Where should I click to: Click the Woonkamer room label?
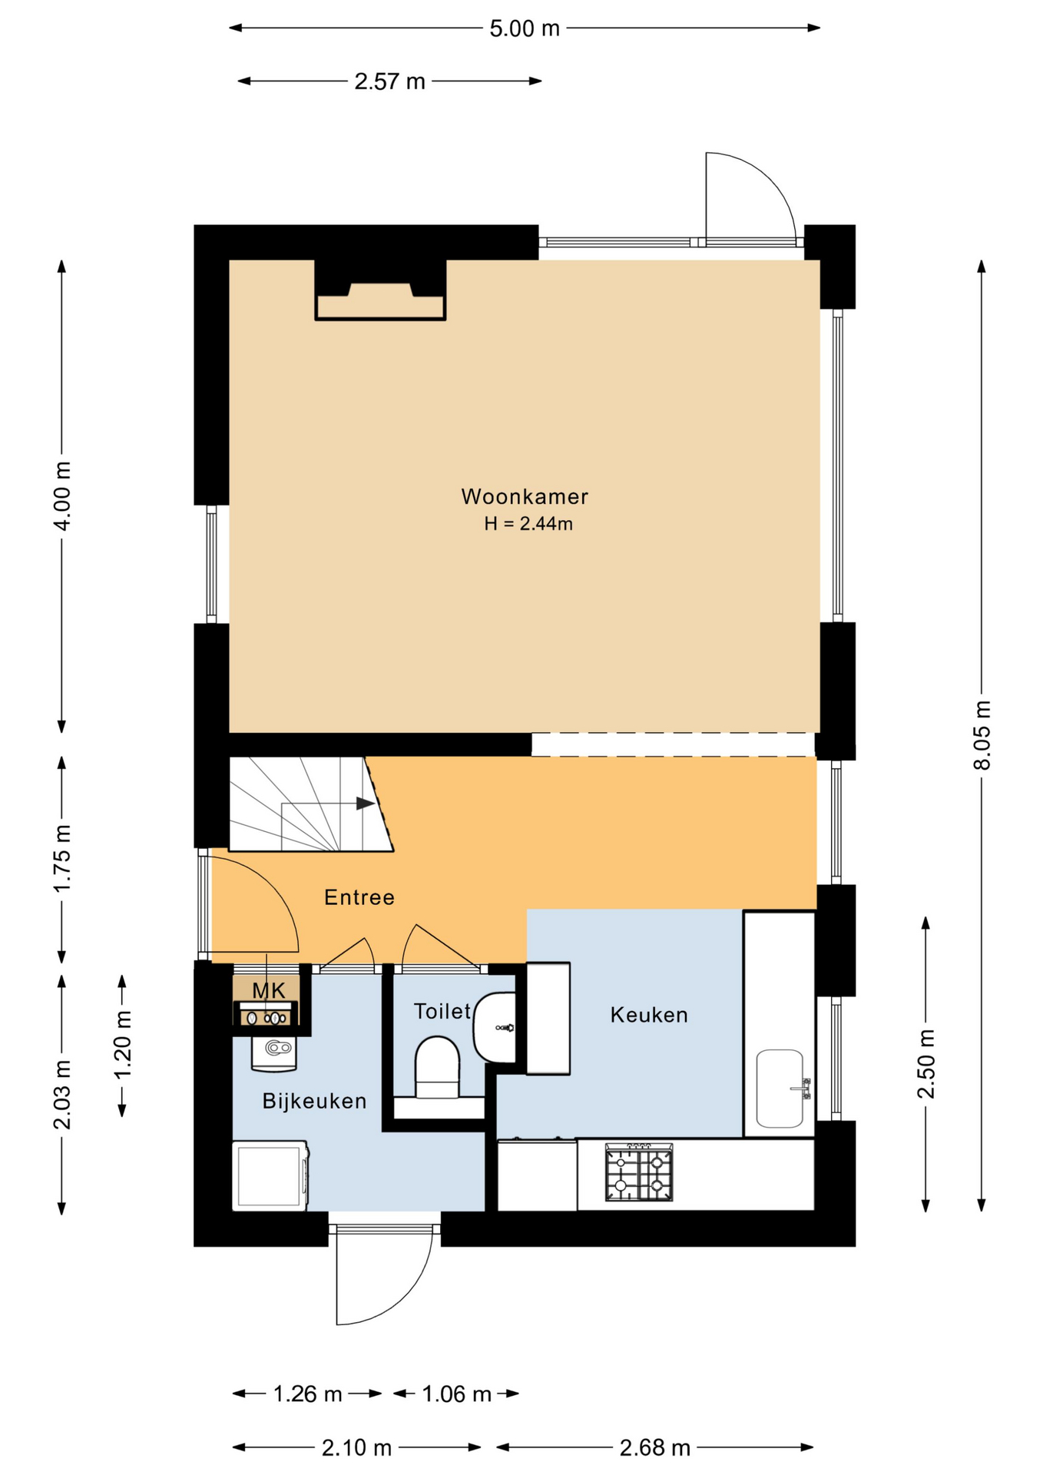525,497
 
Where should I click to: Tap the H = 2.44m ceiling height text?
528,524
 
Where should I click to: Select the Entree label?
359,897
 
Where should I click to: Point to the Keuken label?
649,1015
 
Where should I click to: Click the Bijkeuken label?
314,1101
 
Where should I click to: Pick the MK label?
269,990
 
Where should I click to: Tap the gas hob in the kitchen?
639,1172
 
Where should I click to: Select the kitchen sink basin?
780,1089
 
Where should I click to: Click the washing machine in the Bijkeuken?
270,1175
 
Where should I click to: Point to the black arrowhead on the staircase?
366,804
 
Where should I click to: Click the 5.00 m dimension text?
525,28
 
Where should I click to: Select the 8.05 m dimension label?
982,734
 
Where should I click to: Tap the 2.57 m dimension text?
389,81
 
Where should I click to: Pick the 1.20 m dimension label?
123,1044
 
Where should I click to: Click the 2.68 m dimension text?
655,1448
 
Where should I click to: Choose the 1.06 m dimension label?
456,1394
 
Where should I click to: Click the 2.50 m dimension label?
927,1064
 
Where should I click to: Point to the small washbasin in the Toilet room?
495,1027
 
